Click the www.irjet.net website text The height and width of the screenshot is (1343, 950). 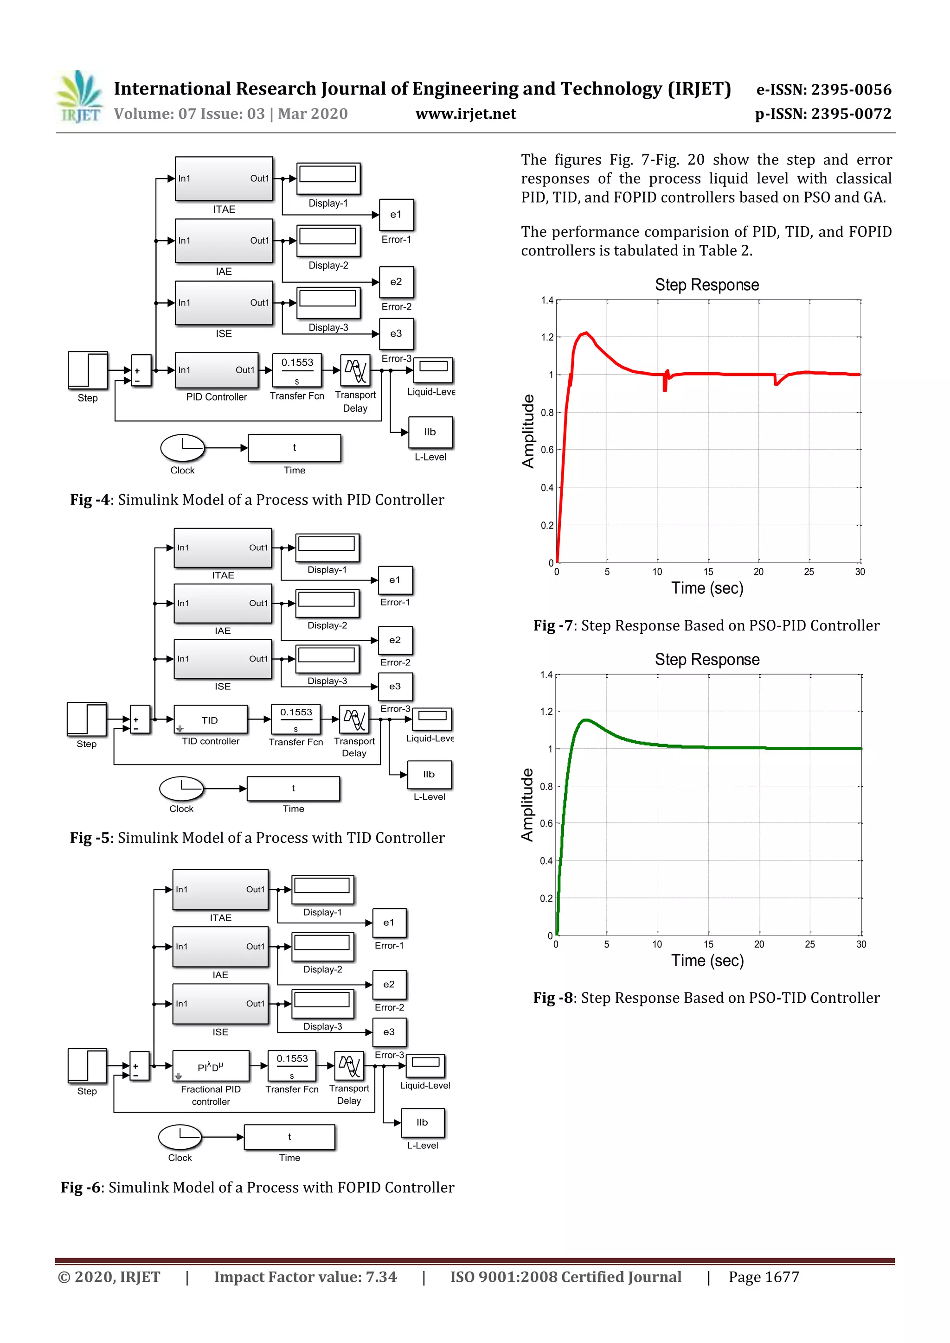465,114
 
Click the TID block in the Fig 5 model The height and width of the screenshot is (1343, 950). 211,719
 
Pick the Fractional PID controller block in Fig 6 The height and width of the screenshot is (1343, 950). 211,1066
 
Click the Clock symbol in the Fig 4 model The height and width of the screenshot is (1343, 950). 183,448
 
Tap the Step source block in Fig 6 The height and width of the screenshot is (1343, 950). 87,1066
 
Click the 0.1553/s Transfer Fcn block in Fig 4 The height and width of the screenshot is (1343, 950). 297,370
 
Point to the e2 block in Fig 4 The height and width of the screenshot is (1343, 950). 396,282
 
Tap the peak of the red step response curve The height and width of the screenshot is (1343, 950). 585,333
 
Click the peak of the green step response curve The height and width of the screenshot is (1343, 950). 585,720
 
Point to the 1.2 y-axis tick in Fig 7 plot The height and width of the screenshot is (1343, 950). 547,337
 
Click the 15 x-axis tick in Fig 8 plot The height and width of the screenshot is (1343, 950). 708,944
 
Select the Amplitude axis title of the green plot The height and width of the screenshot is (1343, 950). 527,805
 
